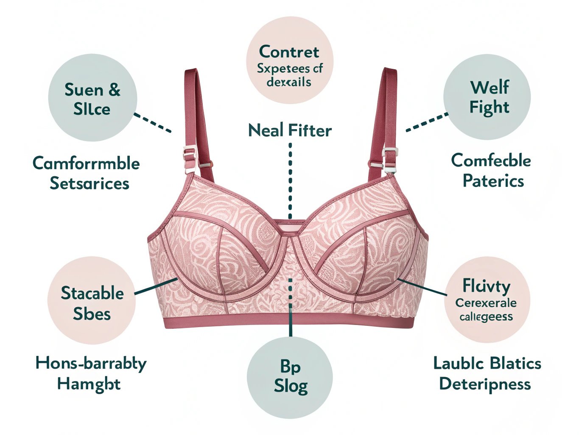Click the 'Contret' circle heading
289,52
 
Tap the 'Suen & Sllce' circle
92,98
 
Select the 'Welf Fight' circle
487,97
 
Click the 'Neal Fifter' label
290,130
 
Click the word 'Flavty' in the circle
486,287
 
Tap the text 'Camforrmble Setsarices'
87,173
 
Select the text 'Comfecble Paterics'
491,171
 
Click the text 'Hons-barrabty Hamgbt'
90,373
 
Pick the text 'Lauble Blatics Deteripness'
487,373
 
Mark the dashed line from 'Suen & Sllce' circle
153,123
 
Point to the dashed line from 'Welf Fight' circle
427,122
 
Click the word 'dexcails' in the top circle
289,82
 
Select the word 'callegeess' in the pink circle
486,316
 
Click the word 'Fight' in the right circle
489,107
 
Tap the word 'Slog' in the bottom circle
291,387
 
